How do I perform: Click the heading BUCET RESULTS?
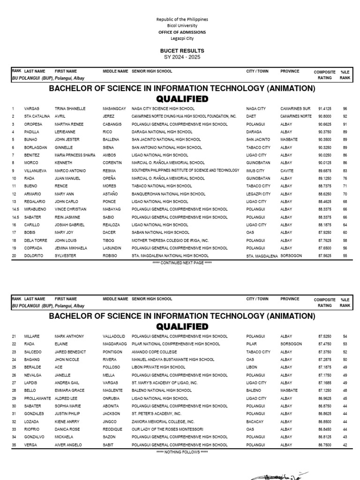coord(182,51)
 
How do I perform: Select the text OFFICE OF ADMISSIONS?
coord(182,32)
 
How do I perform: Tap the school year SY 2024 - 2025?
coord(182,57)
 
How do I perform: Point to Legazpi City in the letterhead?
coord(182,38)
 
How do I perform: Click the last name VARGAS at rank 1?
coord(32,109)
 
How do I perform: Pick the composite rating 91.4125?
coord(326,109)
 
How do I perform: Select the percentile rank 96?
coord(345,109)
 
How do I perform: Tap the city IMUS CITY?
coord(255,171)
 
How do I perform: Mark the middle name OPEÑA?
coord(110,179)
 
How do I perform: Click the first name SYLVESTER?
coord(65,256)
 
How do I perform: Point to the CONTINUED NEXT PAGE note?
coord(182,263)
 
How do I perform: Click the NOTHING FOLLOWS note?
coord(182,452)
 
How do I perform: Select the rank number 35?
coord(14,445)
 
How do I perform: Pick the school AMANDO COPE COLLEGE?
coord(154,352)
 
